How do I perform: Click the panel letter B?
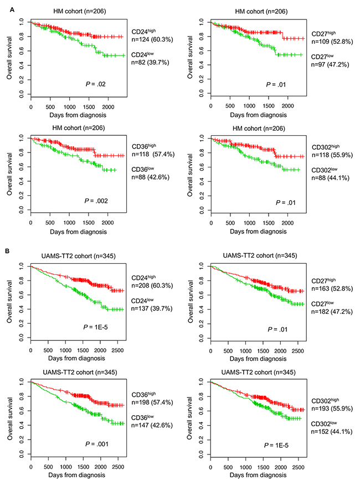click(7, 252)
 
